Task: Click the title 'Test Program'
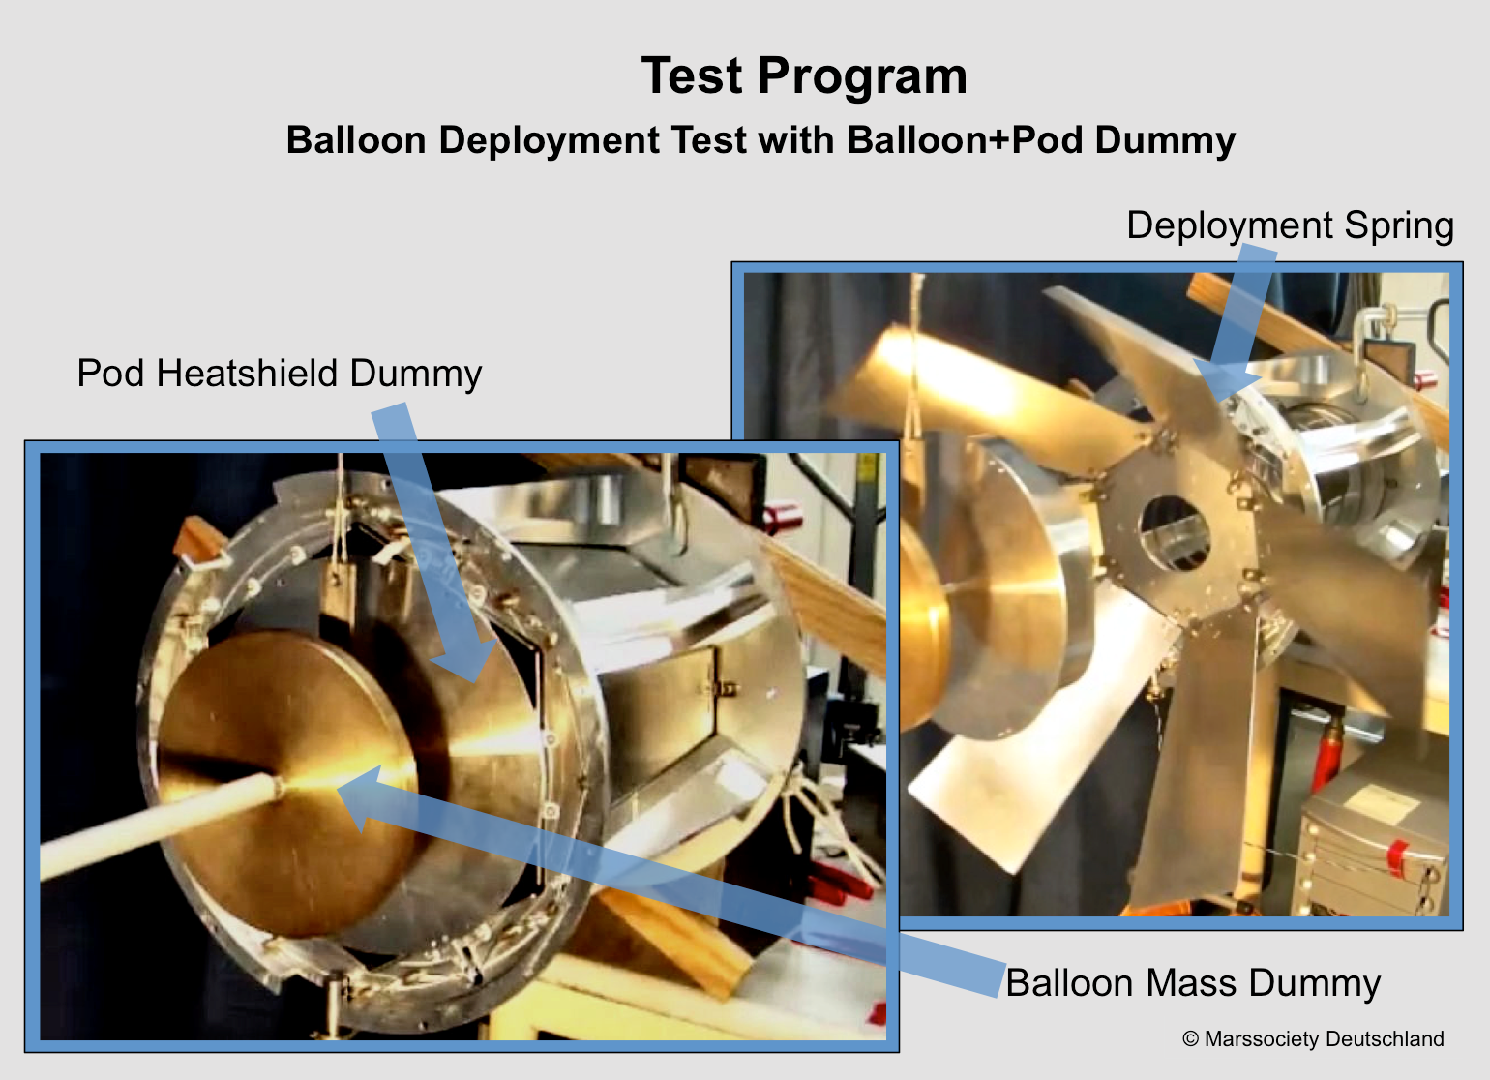[x=803, y=77]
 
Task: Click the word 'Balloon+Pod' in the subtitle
[x=965, y=140]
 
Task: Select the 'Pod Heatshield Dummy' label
[x=280, y=374]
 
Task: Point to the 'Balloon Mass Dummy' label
[x=1193, y=983]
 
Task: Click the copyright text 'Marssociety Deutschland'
[x=1325, y=1038]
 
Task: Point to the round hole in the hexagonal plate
[x=1175, y=533]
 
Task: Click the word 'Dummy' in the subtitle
[x=1165, y=141]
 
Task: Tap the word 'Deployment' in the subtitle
[x=550, y=141]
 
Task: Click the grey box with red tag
[x=1374, y=845]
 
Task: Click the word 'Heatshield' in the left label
[x=247, y=374]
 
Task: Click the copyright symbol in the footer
[x=1191, y=1039]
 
